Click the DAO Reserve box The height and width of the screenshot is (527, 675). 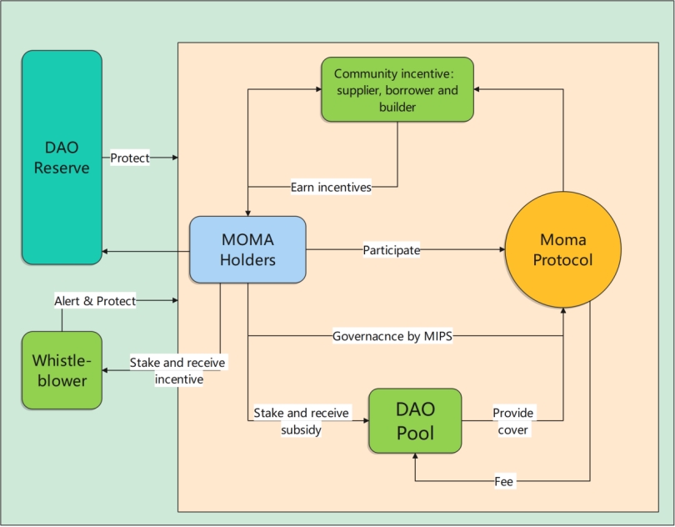(x=62, y=157)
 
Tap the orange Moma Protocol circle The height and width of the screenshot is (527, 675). (x=564, y=250)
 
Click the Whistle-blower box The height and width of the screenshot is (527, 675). (x=62, y=370)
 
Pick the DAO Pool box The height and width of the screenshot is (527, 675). (x=415, y=421)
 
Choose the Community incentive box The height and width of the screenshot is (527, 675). (x=397, y=90)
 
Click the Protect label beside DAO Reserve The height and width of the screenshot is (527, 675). (x=130, y=158)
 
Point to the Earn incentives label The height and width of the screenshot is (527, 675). (x=331, y=187)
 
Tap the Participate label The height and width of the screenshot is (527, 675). (x=392, y=250)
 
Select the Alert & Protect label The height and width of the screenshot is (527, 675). (x=95, y=301)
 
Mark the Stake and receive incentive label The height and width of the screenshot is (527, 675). (x=177, y=371)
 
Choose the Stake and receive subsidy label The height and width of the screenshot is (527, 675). (x=301, y=421)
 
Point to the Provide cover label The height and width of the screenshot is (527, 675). (x=512, y=421)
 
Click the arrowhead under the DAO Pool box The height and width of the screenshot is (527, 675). (x=415, y=459)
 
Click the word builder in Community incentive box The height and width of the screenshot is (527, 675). (x=397, y=108)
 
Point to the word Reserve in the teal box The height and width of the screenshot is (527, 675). (x=62, y=168)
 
